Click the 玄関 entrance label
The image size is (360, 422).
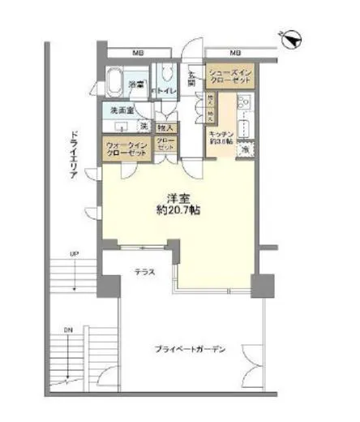192,78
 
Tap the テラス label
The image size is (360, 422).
144,273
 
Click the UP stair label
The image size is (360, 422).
75,255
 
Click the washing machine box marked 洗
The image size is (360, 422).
143,127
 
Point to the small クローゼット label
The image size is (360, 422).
165,145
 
